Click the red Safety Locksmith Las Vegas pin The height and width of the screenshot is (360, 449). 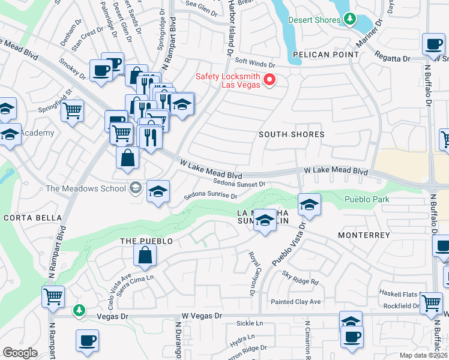coord(270,79)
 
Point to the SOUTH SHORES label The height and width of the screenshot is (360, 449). coord(291,134)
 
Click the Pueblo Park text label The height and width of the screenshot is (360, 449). coord(367,199)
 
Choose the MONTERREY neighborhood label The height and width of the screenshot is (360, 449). coord(364,236)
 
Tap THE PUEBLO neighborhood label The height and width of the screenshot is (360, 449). coord(146,241)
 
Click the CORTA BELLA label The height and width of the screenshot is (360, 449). coord(32,217)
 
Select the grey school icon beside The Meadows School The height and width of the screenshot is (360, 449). coord(136,188)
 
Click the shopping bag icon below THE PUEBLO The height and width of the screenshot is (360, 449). coord(146,255)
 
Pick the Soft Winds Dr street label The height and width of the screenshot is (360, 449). coord(255,62)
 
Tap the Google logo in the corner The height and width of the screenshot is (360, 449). coord(20,353)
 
